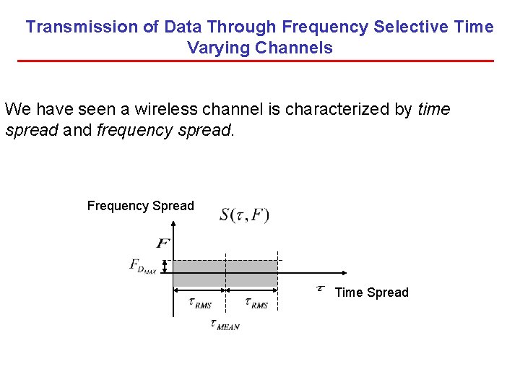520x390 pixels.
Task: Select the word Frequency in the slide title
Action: coord(325,27)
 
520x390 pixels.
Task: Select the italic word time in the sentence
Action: coord(433,110)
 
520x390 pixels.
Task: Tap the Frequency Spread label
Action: coord(141,206)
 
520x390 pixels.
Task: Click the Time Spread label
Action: coord(371,292)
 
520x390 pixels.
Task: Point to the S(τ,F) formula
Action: coord(244,215)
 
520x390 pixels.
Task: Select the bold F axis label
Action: coord(162,243)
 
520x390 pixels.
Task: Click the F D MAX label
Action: coord(143,266)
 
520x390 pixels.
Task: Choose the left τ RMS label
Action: coord(199,303)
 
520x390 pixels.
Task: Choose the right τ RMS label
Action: coord(256,303)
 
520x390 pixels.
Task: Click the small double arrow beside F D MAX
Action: coord(165,266)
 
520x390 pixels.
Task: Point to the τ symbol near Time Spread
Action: coord(320,289)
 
